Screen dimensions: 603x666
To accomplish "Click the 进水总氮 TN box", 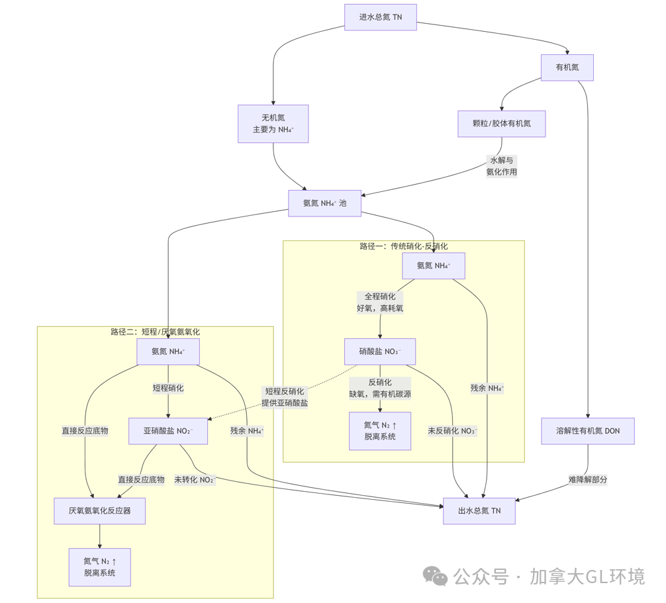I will point(381,17).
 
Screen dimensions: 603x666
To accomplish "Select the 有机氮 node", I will point(567,68).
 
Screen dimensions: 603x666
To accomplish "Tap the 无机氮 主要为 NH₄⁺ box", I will point(273,124).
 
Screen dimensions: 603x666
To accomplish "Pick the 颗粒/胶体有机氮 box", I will point(501,124).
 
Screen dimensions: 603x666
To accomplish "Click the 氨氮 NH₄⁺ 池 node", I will point(324,203).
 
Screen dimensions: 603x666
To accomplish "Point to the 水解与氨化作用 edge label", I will point(501,166).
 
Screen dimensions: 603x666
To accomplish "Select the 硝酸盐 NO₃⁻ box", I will point(380,351).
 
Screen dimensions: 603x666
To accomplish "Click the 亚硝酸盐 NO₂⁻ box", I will point(168,431).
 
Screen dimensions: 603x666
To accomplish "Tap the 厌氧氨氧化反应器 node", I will point(99,511).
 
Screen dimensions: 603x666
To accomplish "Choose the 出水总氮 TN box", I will point(479,511).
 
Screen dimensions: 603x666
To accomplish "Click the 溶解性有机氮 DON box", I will point(587,431).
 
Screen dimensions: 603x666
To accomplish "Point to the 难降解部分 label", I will point(587,479).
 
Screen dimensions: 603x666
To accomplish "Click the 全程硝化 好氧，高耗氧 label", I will point(380,302).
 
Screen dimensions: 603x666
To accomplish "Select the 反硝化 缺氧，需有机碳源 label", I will point(380,388).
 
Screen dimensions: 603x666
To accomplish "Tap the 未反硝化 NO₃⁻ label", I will point(452,431).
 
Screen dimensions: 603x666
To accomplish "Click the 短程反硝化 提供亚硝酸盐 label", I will point(284,396).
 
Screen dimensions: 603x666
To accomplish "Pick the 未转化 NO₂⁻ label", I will point(195,479).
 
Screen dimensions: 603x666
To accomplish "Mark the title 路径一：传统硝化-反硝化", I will point(403,246).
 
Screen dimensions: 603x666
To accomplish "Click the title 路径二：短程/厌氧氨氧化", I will point(155,332).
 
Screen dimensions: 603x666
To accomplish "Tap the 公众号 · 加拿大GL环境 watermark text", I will point(549,577).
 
